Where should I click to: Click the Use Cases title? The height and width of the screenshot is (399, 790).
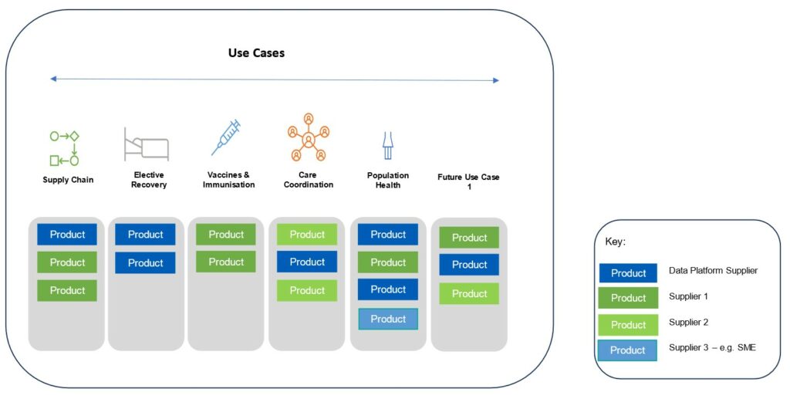[x=256, y=53]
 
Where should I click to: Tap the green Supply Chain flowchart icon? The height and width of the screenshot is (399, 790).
[x=65, y=148]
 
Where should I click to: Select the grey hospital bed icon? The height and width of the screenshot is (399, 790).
[x=146, y=144]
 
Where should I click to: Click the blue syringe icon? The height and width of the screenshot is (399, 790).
[x=226, y=137]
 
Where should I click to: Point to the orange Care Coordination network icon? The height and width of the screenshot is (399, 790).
[x=309, y=137]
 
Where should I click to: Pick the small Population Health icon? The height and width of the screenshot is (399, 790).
[x=387, y=146]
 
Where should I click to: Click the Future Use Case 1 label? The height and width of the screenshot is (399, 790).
[x=468, y=181]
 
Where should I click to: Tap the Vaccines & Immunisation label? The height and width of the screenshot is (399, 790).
[x=228, y=180]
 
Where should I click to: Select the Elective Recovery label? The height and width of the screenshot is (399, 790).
[x=149, y=180]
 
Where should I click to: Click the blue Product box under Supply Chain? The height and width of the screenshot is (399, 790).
[x=67, y=235]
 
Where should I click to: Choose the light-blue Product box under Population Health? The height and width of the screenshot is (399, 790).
[x=388, y=319]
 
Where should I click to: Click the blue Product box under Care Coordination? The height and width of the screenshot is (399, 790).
[x=307, y=262]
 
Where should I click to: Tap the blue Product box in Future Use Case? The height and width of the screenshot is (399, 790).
[x=469, y=265]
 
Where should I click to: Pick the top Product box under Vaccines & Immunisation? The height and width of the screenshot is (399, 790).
[x=226, y=235]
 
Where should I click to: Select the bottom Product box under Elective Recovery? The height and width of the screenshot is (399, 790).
[x=145, y=262]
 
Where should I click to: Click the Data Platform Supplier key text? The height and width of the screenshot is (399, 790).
[x=713, y=271]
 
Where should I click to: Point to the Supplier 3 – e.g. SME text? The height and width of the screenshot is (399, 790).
[x=712, y=347]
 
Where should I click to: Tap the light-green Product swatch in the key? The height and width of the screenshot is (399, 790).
[x=628, y=325]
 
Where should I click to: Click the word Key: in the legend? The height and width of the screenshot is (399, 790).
[x=615, y=242]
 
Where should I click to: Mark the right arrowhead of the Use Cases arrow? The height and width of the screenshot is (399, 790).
[x=496, y=80]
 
